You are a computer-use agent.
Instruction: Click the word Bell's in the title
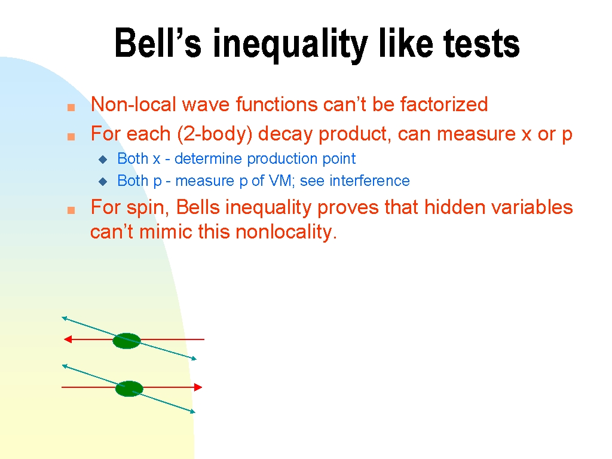[x=158, y=43]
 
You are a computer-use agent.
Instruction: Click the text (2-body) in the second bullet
[x=215, y=134]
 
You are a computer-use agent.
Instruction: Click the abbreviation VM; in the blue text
[x=281, y=181]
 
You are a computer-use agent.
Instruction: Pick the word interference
[x=369, y=180]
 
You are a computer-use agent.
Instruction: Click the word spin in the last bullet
[x=147, y=208]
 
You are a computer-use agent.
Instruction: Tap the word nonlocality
[x=286, y=232]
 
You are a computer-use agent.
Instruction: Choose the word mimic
[x=166, y=232]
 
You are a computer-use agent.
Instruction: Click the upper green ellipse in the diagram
[x=127, y=341]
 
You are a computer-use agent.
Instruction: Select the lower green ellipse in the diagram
[x=129, y=388]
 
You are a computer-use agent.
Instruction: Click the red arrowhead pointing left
[x=68, y=339]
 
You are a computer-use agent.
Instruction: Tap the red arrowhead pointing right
[x=198, y=387]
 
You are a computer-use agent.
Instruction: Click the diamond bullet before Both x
[x=103, y=159]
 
